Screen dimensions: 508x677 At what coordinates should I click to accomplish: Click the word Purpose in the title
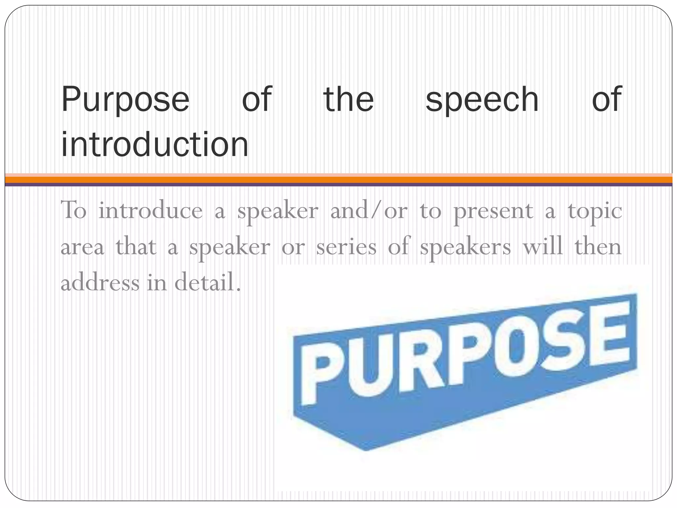click(x=125, y=99)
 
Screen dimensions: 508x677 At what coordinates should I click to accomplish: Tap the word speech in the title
click(x=482, y=99)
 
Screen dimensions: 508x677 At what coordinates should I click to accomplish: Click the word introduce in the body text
click(x=150, y=210)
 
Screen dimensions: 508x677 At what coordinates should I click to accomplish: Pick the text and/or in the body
click(x=369, y=210)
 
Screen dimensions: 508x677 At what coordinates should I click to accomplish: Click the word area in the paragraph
click(x=82, y=247)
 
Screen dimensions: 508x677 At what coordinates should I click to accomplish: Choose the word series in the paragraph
click(x=346, y=247)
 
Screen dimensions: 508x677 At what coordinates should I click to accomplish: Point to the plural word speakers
click(x=465, y=247)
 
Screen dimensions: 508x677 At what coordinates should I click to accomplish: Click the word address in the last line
click(x=100, y=283)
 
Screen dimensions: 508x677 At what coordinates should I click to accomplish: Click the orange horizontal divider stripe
click(x=338, y=180)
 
